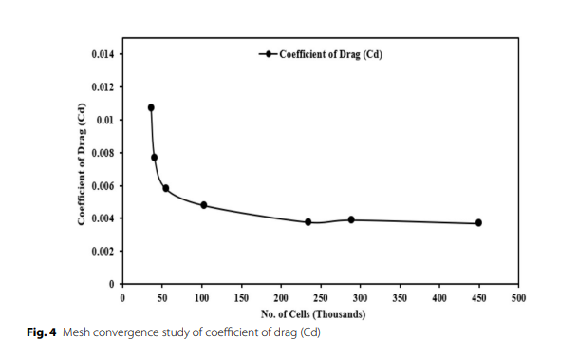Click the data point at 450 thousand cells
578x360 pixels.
coord(478,223)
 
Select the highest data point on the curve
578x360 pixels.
coord(151,107)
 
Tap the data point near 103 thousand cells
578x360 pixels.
coord(204,205)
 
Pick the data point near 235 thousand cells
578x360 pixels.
coord(308,222)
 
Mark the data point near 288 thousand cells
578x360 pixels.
coord(351,219)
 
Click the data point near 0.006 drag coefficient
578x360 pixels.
coord(166,188)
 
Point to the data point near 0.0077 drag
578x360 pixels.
coord(154,158)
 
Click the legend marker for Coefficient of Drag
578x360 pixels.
coord(269,54)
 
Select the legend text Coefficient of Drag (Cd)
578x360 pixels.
coord(330,54)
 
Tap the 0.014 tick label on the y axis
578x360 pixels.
coord(103,54)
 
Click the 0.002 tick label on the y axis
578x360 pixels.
coord(103,251)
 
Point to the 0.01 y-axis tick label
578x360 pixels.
coord(105,120)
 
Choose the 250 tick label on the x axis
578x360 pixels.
coord(321,298)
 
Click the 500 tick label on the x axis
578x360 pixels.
coord(518,298)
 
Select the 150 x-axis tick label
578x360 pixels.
coord(241,298)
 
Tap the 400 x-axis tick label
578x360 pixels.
coord(439,298)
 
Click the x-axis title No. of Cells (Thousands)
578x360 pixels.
coord(313,314)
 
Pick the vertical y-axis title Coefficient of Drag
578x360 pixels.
coord(82,164)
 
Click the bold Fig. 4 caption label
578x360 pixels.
coord(42,332)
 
